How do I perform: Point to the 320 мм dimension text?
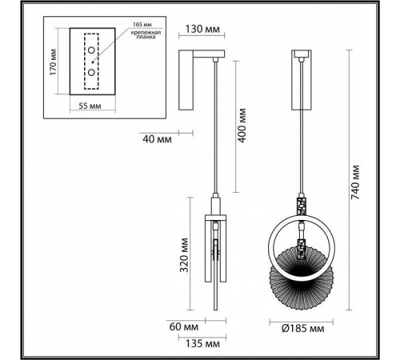tap(185, 256)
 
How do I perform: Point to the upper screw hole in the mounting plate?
tap(92, 53)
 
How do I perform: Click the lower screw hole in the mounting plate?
tap(92, 72)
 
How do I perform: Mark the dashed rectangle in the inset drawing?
tap(92, 63)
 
